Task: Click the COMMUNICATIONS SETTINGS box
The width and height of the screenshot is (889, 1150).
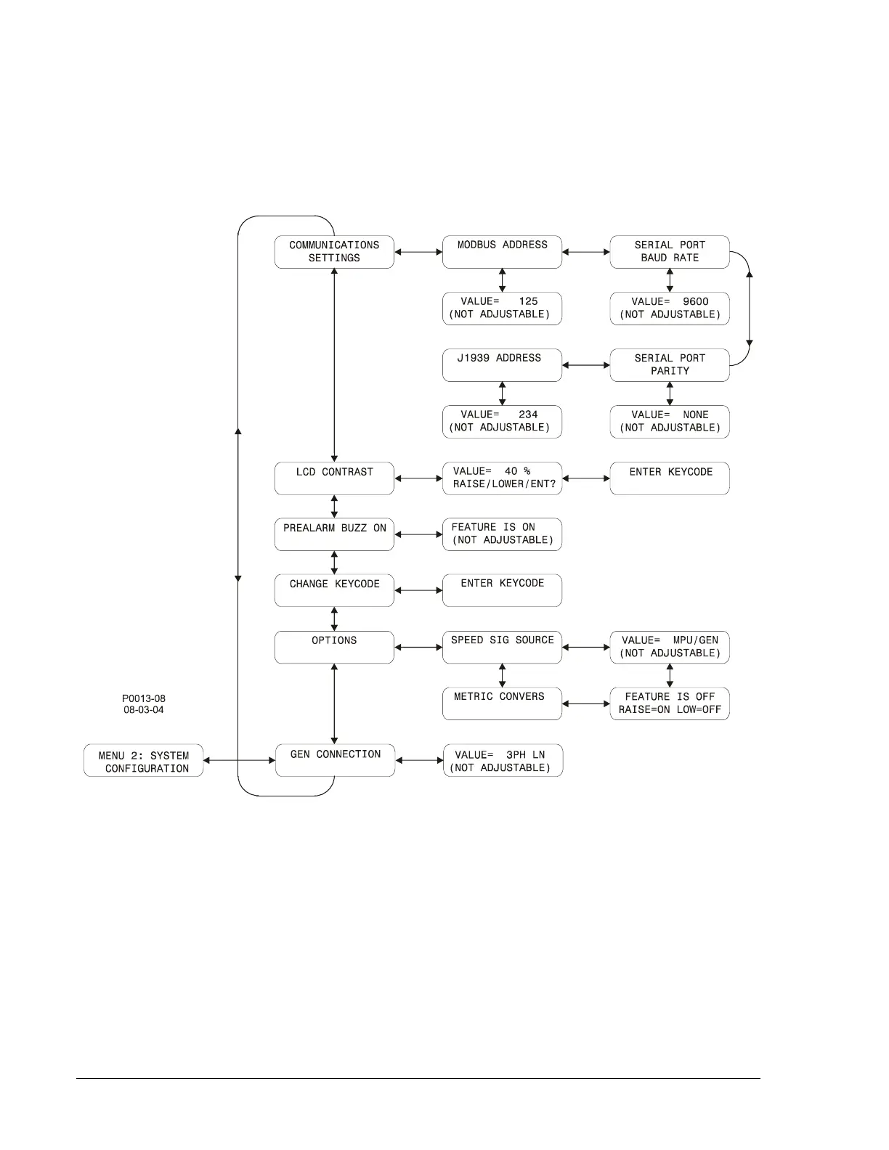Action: tap(334, 252)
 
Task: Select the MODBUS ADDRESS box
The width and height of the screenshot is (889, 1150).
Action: tap(502, 252)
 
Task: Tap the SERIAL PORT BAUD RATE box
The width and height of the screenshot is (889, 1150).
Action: tap(670, 252)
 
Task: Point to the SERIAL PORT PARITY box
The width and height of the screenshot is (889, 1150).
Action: tap(670, 365)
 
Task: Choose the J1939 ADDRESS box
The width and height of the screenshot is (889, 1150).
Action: tap(502, 365)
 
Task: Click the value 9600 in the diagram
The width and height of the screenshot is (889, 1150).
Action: tap(695, 302)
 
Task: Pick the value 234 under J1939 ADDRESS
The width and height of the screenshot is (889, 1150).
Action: tap(528, 415)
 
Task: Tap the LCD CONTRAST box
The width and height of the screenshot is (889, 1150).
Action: tap(334, 478)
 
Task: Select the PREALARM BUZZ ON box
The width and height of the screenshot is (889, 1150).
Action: tap(334, 534)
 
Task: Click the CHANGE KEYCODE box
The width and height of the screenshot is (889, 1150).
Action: tap(334, 590)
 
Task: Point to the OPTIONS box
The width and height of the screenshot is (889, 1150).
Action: tap(334, 647)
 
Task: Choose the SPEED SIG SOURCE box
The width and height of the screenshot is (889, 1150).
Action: tap(502, 647)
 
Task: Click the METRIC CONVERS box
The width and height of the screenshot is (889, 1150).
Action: tap(502, 704)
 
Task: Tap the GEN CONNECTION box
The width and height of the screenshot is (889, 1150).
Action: tap(335, 760)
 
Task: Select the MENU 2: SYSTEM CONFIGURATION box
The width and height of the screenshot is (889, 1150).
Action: tap(144, 761)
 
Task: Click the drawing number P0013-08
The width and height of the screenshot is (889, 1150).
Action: tap(144, 698)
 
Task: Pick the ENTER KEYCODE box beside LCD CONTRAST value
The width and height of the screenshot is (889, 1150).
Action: tap(670, 478)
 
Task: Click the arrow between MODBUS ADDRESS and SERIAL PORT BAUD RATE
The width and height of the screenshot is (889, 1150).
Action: tap(586, 253)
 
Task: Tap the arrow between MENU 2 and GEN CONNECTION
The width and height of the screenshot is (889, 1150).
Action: tap(239, 761)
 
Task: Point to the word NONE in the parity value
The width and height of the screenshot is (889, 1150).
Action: tap(695, 415)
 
